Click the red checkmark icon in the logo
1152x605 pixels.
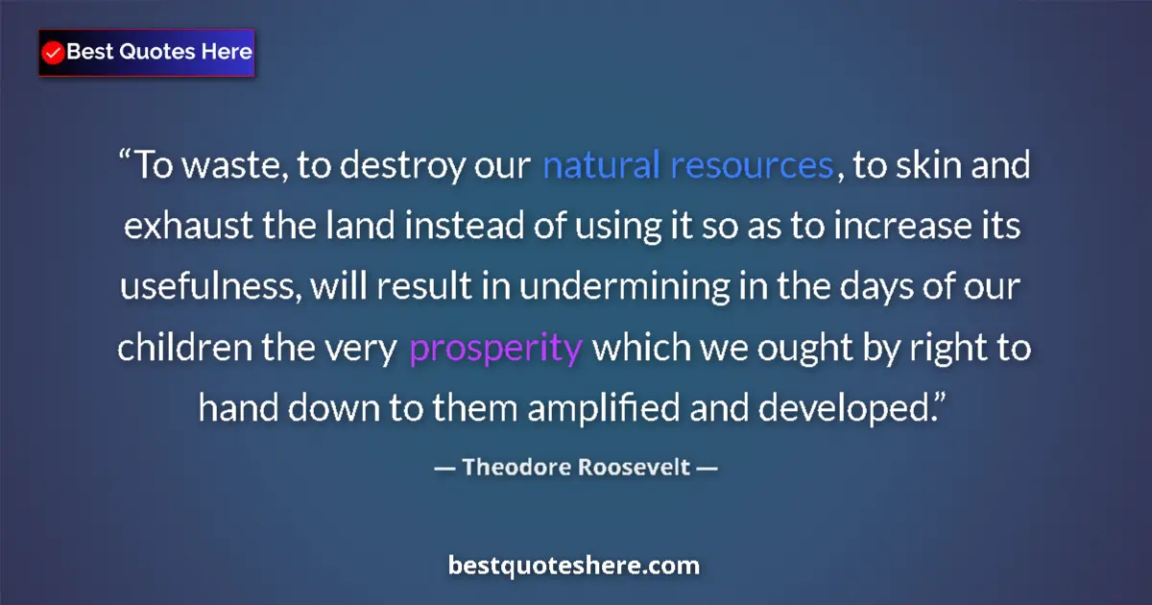pos(54,53)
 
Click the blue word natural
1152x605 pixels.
pos(601,166)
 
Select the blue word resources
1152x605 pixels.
pos(751,166)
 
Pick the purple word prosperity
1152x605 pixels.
pos(495,348)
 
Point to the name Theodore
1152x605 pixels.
pos(514,468)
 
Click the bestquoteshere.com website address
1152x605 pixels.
pos(574,566)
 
